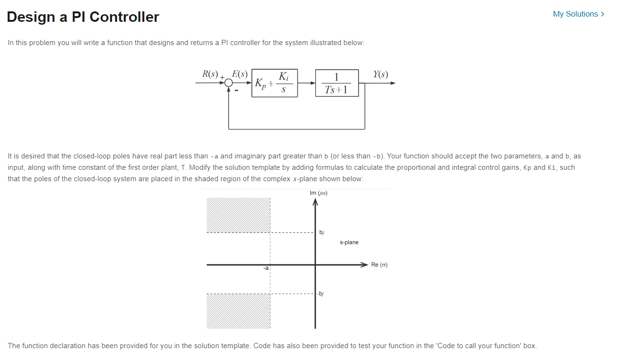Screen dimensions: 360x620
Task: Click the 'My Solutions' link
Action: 578,14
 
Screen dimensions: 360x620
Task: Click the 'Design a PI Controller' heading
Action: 83,17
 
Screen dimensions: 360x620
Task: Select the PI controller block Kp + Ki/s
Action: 275,83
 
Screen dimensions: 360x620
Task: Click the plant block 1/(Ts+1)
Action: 337,83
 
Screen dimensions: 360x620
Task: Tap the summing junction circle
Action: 229,83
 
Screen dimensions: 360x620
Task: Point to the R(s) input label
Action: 210,74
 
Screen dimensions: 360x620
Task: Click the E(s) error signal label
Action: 239,74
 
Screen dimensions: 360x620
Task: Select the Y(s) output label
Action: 380,74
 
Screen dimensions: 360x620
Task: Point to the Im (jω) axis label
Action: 318,193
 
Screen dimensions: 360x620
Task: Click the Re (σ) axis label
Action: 379,265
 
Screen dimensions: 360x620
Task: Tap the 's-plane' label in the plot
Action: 349,242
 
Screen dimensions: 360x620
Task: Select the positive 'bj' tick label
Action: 322,232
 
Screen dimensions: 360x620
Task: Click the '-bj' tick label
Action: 321,294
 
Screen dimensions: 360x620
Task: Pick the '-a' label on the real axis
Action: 266,268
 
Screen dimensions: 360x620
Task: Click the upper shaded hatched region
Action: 238,215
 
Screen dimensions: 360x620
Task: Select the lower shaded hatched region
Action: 238,311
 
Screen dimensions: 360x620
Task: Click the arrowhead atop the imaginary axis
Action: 315,203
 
